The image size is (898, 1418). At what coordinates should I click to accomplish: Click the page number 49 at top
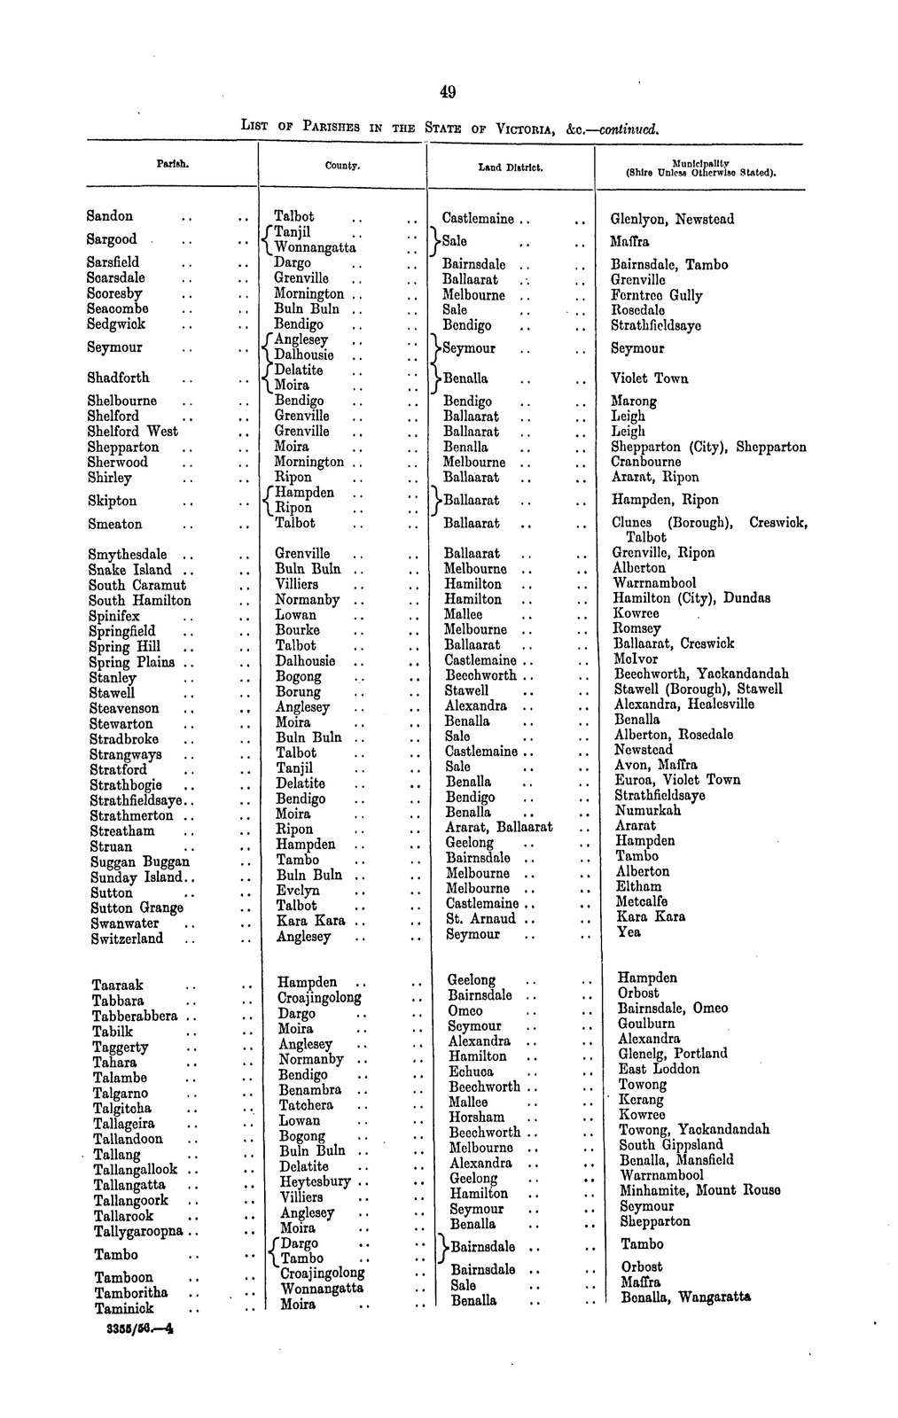point(447,91)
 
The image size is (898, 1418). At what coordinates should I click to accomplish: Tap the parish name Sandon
point(110,216)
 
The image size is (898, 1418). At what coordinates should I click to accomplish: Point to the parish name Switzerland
point(127,939)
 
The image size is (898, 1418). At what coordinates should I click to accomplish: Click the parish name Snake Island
point(129,570)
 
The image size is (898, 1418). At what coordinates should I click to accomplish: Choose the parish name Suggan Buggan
point(139,861)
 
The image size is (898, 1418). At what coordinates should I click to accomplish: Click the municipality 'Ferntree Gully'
point(657,295)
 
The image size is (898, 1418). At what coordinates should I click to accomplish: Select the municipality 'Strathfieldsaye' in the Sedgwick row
point(656,325)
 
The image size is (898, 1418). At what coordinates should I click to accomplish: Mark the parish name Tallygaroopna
point(138,1231)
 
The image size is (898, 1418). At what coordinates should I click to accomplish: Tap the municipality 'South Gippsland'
point(670,1145)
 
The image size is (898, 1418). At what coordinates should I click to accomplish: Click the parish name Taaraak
point(117,986)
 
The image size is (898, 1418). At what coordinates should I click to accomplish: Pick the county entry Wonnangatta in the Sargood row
point(315,247)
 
